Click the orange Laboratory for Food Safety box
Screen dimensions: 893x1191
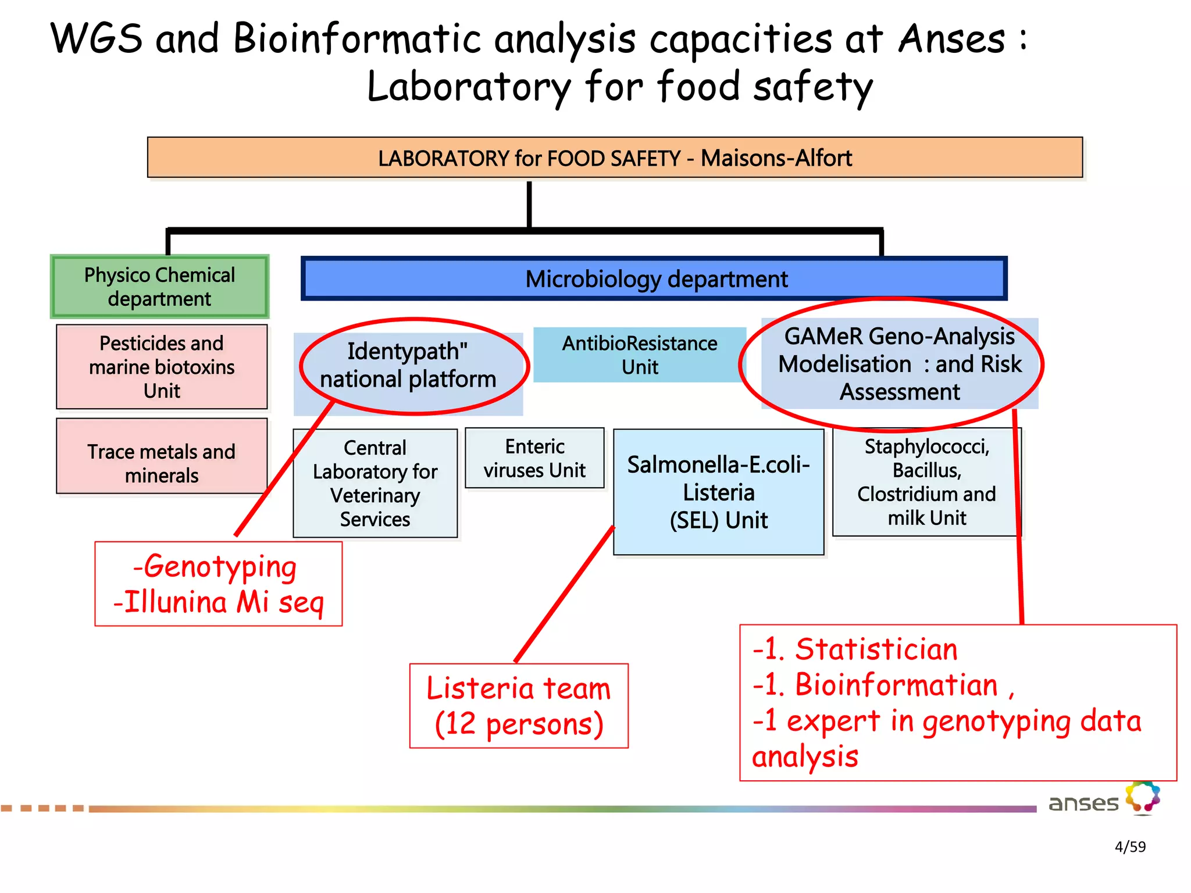[615, 158]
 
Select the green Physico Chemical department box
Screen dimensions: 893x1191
[159, 287]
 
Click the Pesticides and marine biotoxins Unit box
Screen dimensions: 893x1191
[162, 367]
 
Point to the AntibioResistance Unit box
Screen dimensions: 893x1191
[639, 355]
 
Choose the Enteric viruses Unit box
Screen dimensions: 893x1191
[534, 458]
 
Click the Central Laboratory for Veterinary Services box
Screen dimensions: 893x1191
[375, 484]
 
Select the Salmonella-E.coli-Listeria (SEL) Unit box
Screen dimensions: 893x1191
[718, 492]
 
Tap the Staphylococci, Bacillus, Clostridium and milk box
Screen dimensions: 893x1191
[926, 482]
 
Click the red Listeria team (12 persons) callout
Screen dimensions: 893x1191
[519, 705]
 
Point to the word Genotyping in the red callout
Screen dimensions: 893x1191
[220, 567]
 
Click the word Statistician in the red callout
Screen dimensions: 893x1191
[876, 649]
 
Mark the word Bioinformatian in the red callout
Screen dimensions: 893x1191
[896, 685]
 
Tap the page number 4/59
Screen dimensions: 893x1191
[1129, 846]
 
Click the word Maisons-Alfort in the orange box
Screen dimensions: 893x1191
[776, 158]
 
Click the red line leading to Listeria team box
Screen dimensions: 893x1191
[564, 595]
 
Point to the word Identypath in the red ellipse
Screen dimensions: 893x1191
[402, 351]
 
